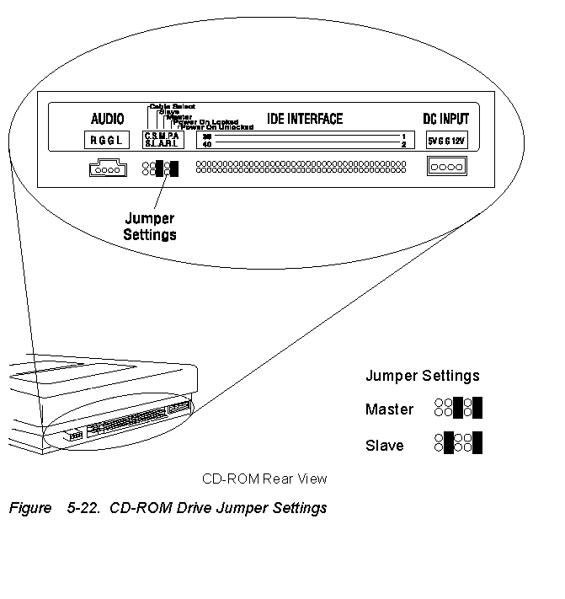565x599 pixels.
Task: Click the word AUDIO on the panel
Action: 107,119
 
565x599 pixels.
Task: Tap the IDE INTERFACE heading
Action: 305,119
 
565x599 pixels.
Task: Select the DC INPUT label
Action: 446,119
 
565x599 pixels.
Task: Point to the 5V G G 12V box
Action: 446,140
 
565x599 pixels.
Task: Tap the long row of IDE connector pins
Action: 301,168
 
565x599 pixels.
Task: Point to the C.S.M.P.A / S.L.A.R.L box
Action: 161,140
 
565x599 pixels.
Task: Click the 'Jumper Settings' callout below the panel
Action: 150,227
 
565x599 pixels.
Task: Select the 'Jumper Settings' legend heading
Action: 423,376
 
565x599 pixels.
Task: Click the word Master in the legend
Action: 389,409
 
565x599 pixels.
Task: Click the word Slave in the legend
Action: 384,446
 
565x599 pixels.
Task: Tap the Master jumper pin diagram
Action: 458,409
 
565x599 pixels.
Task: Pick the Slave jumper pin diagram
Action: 458,443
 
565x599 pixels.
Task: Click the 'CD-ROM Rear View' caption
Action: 264,479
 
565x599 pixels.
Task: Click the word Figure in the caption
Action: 29,509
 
